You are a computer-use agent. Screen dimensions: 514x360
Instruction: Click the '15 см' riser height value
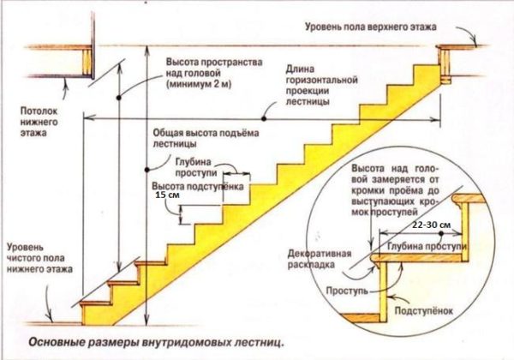(168, 195)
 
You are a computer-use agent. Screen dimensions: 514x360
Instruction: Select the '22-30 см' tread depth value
(432, 225)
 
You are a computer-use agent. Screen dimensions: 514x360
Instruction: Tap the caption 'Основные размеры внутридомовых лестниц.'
(156, 343)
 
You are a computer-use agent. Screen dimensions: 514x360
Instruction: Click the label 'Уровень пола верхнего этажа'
(371, 27)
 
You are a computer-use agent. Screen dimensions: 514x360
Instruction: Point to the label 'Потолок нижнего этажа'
(39, 122)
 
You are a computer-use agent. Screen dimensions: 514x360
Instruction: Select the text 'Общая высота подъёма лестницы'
(206, 138)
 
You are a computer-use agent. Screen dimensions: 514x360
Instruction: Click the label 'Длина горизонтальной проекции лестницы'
(321, 85)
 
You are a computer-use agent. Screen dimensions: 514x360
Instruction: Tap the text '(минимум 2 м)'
(199, 84)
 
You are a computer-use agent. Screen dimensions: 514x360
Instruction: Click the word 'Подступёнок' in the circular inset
(423, 311)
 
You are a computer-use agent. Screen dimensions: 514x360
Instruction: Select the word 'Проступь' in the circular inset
(347, 291)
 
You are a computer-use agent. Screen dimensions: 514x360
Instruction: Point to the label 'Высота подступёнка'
(198, 186)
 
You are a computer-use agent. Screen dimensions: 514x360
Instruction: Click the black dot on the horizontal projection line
(264, 119)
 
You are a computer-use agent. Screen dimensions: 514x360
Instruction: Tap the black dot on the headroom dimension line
(119, 98)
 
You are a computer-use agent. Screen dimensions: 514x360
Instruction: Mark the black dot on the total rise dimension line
(147, 170)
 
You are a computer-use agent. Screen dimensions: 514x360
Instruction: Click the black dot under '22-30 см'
(441, 234)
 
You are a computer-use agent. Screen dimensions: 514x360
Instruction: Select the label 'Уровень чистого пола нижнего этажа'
(40, 258)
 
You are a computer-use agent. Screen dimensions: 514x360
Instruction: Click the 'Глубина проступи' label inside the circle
(427, 246)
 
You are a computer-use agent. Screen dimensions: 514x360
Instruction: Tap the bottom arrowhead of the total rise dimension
(148, 320)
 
